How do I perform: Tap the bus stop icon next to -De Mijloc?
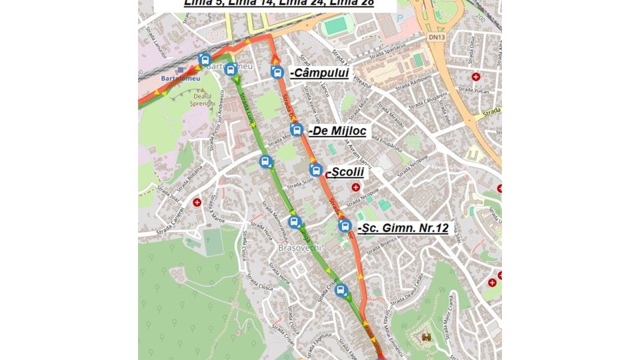297,130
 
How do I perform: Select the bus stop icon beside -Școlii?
316,171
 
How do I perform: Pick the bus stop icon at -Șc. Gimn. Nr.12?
345,226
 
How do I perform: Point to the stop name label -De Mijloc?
337,131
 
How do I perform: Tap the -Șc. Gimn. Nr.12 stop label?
403,228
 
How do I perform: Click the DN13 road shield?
437,37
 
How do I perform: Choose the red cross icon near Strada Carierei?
197,201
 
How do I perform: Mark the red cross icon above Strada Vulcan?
475,77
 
